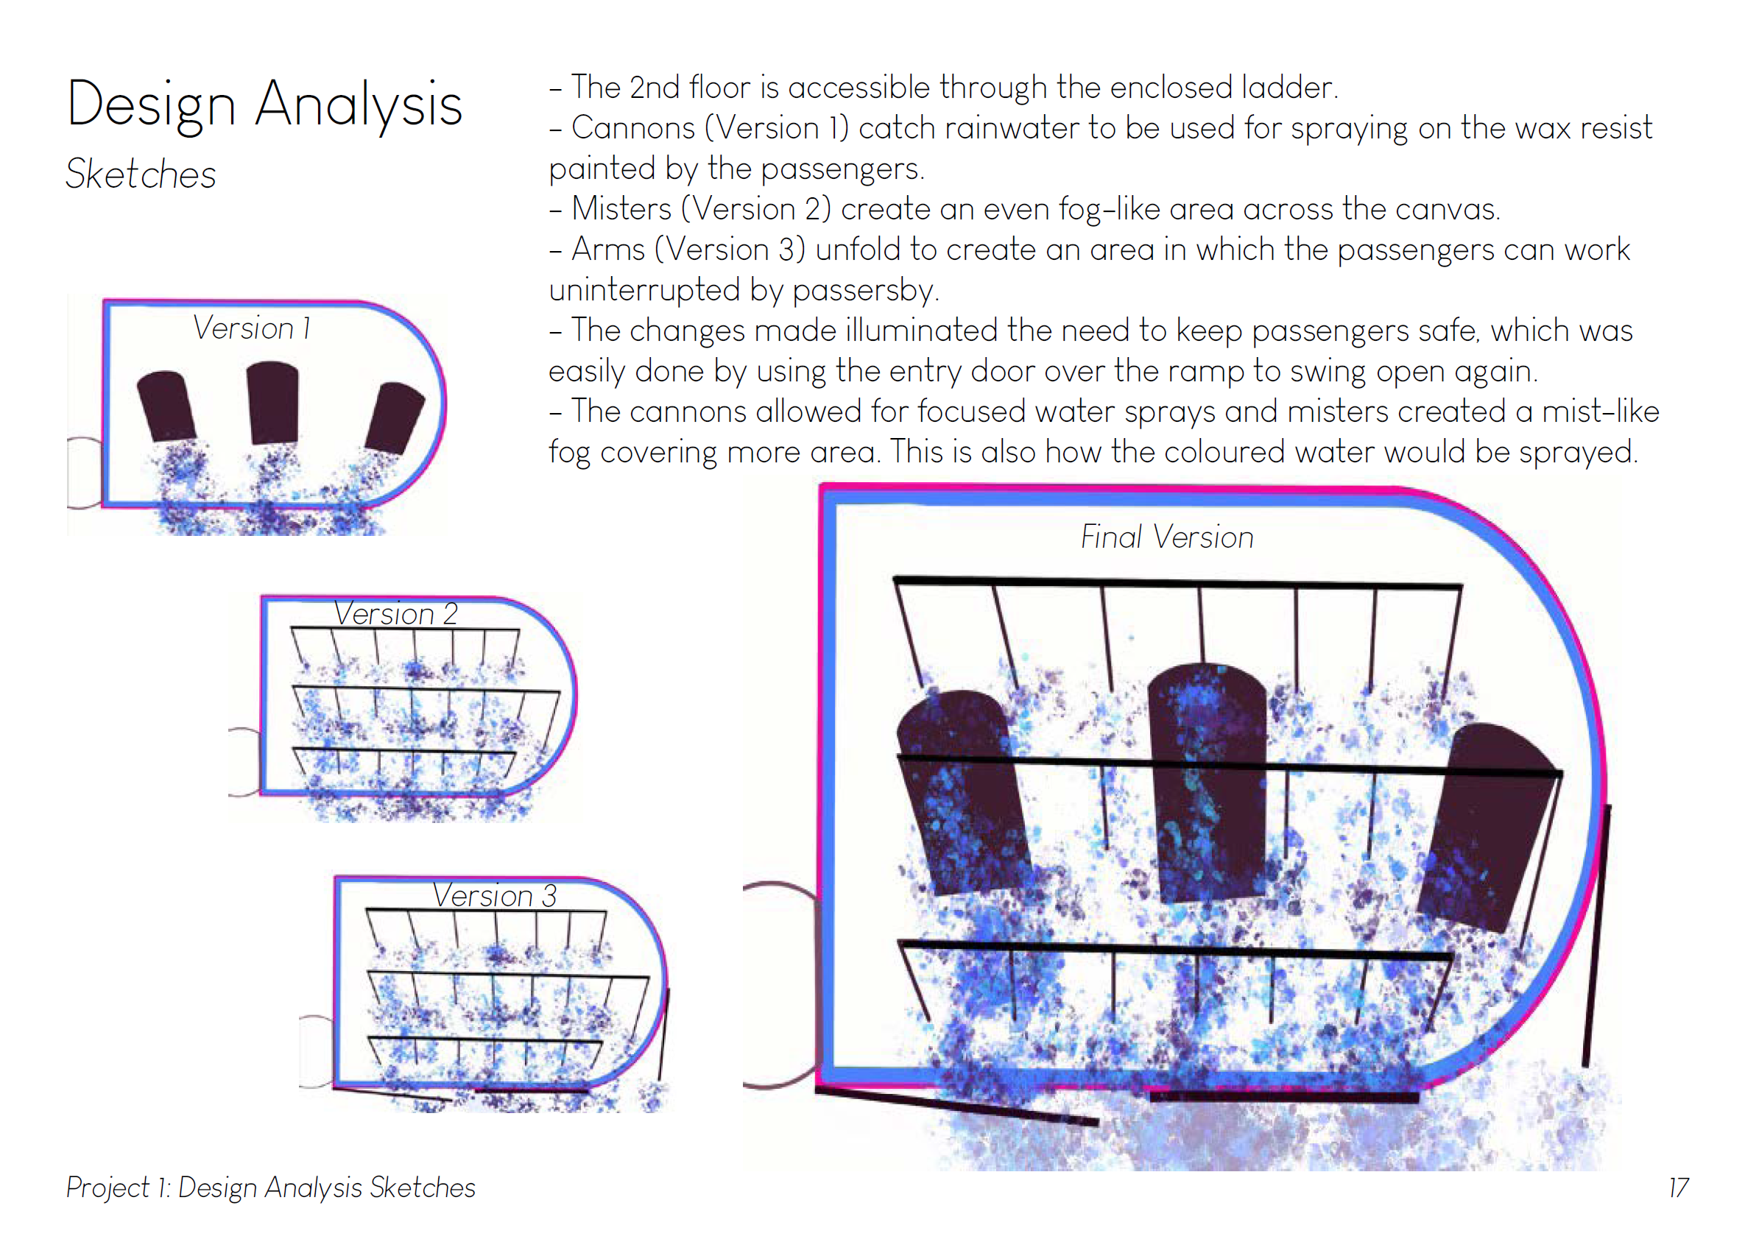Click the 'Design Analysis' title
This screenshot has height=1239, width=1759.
pos(264,105)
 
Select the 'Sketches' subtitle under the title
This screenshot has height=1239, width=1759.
pos(141,174)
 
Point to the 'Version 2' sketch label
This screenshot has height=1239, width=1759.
pos(395,614)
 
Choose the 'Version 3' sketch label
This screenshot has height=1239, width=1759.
pos(494,895)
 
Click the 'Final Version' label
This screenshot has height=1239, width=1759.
pos(1166,537)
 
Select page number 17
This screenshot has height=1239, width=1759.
pos(1677,1187)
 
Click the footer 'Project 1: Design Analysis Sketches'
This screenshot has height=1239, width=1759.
pos(270,1187)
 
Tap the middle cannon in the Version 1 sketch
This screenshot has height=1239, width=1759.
pos(272,402)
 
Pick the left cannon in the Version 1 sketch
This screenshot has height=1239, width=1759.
pos(166,406)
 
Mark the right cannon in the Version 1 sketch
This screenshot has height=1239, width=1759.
pos(395,417)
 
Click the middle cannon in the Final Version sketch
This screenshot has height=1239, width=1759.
pos(1208,782)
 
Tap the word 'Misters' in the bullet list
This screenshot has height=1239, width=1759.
pos(621,208)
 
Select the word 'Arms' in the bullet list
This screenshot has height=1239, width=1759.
pos(608,249)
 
